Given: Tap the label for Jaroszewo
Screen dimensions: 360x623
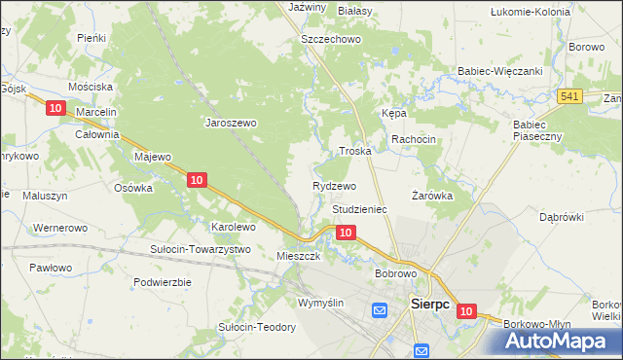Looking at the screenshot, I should [x=230, y=124].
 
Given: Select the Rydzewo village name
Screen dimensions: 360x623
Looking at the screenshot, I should [x=334, y=186].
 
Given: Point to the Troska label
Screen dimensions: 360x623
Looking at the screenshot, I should [x=355, y=152].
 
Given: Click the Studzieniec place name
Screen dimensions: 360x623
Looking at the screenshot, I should [x=360, y=209].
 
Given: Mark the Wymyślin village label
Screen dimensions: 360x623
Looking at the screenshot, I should [x=321, y=304].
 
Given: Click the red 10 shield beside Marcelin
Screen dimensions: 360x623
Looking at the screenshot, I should [x=55, y=108].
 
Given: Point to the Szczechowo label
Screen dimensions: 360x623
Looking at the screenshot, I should [x=331, y=39].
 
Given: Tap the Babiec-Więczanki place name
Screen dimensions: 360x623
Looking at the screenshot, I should [x=499, y=71].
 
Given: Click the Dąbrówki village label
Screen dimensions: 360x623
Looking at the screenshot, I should [x=561, y=217].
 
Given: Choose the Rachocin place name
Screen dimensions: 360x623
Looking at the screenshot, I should [x=414, y=140].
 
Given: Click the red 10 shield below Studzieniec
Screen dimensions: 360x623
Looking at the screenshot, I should [x=345, y=233].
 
